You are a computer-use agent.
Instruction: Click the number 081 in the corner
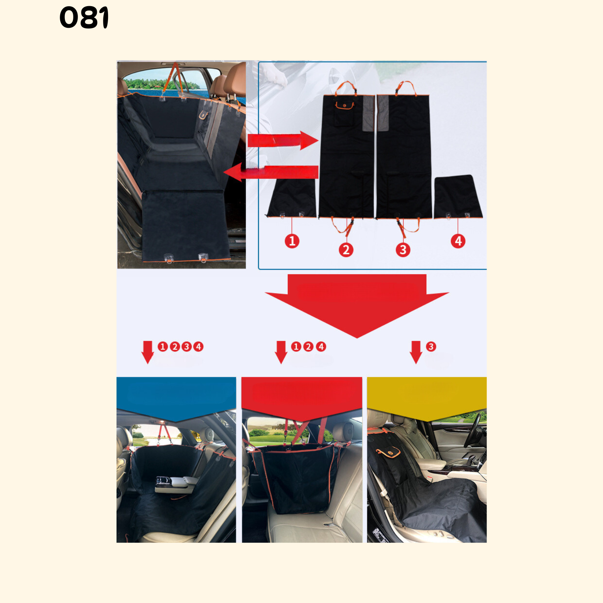coord(84,18)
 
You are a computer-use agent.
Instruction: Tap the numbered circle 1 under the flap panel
coord(292,241)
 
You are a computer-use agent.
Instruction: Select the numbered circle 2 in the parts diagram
coord(346,250)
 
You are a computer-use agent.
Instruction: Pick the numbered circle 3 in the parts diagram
coord(403,250)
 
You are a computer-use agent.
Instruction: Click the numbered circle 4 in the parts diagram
coord(458,241)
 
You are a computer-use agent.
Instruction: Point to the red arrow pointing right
coord(283,140)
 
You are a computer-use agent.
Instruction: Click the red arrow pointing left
coord(271,172)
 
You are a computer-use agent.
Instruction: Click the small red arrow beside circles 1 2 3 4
coord(148,352)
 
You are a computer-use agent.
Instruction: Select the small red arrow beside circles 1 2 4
coord(281,352)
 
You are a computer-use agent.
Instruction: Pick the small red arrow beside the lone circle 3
coord(416,352)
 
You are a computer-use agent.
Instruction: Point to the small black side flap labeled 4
coord(458,197)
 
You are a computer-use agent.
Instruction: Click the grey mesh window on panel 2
coord(368,113)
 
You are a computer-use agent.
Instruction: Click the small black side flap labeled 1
coord(292,198)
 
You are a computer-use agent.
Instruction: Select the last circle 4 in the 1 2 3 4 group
coord(199,346)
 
